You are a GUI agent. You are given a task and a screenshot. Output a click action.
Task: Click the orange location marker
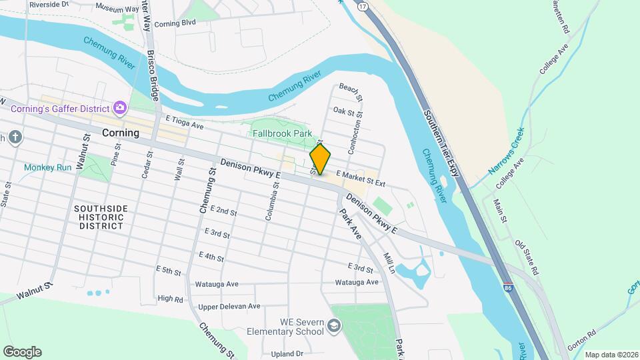pos(320,159)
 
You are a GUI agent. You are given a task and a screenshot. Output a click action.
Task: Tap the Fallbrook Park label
pos(283,133)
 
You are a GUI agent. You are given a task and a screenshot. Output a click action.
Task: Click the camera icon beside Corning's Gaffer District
pos(120,107)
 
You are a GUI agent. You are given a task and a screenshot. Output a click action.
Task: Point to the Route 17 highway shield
pos(362,5)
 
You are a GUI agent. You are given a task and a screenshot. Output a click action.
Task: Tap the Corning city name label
pos(121,133)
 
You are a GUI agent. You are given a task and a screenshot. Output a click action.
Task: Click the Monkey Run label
pos(48,168)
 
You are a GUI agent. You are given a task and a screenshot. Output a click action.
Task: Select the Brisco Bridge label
pos(155,73)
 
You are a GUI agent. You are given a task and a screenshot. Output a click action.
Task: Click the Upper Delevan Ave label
pos(229,307)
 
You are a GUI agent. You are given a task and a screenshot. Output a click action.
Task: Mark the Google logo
pos(22,352)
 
